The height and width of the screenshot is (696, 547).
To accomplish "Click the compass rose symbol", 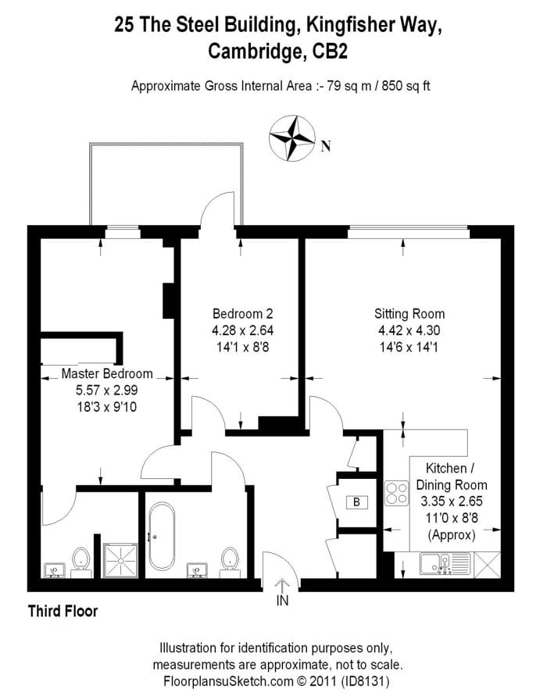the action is (x=291, y=138).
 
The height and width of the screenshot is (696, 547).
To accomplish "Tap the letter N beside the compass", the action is (x=327, y=145).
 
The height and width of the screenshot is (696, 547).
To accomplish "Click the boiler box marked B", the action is (x=356, y=502).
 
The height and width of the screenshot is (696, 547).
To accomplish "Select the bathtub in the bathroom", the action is (x=162, y=536).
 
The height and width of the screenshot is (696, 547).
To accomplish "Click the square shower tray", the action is (x=120, y=560).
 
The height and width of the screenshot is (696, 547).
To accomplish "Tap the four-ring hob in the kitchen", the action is (x=396, y=493).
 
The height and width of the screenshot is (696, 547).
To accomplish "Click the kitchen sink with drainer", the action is (x=445, y=564).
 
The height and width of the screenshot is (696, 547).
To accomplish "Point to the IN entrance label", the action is (x=282, y=601).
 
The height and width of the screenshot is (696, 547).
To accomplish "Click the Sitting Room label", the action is (x=409, y=314).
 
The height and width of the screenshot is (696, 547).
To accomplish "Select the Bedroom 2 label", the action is (x=242, y=314).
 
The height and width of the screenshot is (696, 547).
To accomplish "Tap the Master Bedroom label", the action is (x=107, y=373).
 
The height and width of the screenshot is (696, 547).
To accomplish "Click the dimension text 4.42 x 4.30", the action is (x=409, y=330).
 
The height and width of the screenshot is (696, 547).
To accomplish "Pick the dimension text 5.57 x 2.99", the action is (x=107, y=390).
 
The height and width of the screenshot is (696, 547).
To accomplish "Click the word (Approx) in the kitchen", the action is (x=452, y=535).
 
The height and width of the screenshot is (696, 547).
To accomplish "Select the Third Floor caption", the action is (x=63, y=611).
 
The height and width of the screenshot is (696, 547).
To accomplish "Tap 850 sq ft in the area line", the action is (x=406, y=85).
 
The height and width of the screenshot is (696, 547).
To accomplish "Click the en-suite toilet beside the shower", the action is (x=81, y=561).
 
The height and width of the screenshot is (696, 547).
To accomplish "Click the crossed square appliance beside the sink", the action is (x=487, y=565).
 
